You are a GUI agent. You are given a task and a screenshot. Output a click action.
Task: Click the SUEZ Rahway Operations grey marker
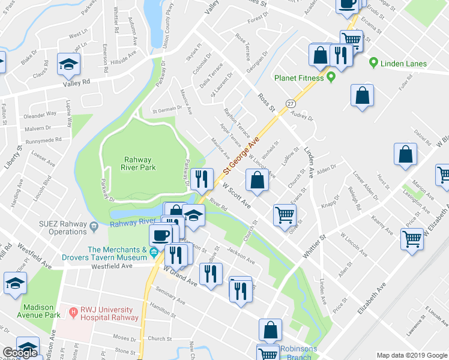(95, 227)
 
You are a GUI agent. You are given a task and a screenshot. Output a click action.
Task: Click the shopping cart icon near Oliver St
(284, 215)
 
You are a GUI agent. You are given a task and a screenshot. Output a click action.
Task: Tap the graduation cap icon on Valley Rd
(68, 64)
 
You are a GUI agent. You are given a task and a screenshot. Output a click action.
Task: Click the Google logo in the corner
(20, 353)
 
